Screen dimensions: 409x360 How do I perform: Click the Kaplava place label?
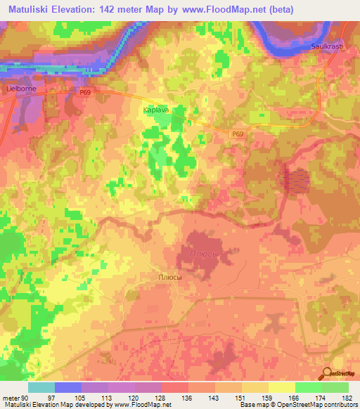[x=157, y=110]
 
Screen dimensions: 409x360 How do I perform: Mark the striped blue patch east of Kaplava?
[x=296, y=181]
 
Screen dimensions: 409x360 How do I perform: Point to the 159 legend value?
[x=265, y=398]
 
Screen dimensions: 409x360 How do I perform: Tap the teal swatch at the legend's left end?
[x=41, y=387]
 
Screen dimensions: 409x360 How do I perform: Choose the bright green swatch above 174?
[x=308, y=387]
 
